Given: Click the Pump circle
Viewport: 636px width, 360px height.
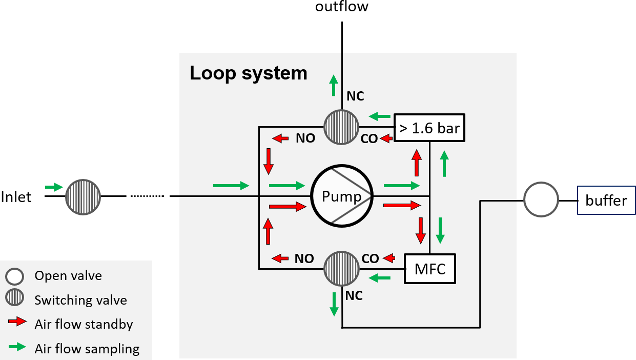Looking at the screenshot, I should coord(342,196).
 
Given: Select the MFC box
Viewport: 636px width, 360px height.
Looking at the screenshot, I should coord(429,268).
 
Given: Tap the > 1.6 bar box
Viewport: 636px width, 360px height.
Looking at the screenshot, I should coord(429,127).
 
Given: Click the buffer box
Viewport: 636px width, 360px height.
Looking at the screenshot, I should coord(606,200).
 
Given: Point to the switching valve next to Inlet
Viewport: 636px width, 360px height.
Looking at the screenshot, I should coord(83,196).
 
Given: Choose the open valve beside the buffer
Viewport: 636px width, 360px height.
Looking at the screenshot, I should coord(541,199).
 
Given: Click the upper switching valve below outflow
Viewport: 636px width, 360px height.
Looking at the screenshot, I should coord(341,127).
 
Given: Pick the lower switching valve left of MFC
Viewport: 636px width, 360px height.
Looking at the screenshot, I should coord(341,268).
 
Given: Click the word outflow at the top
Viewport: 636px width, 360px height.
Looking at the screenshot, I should coord(341,7).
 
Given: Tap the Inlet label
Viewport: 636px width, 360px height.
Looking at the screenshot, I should coord(16,197).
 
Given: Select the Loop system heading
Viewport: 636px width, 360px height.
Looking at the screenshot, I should coord(249,73).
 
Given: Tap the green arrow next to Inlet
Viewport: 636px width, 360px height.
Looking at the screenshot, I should coord(53,187).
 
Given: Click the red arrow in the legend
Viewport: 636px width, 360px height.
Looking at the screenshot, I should coord(17,322).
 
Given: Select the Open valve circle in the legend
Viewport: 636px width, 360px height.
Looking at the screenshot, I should coord(14,276).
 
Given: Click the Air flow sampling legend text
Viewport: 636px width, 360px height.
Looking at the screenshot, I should coord(87,349).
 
